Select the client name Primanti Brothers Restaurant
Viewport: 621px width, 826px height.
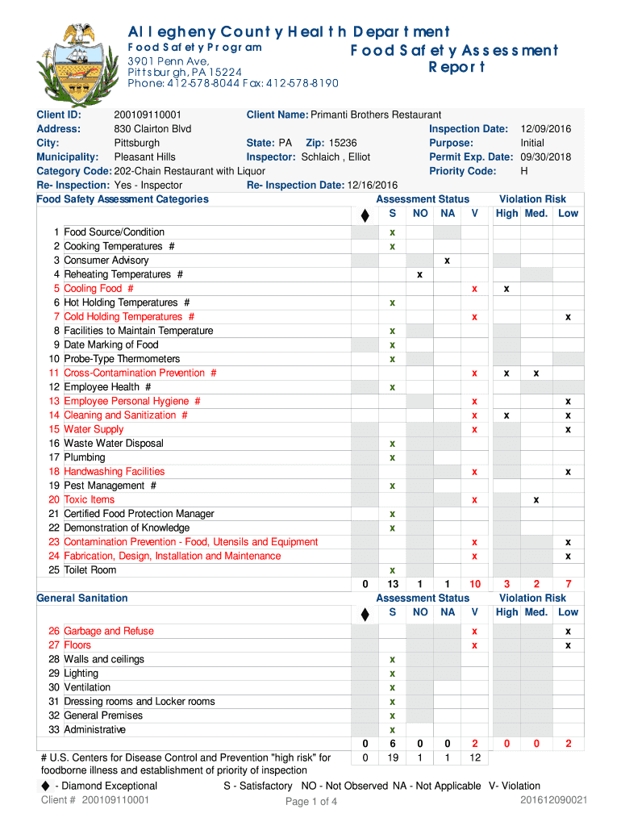[376, 115]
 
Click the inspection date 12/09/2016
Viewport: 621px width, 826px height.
[546, 129]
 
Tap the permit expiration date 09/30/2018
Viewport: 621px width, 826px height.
[546, 157]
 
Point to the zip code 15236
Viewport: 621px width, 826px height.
[343, 143]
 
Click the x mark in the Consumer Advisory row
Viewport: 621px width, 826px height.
[447, 261]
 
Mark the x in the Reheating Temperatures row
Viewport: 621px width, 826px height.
[419, 274]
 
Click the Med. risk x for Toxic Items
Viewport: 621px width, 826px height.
[536, 500]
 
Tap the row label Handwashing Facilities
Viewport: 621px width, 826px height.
[114, 472]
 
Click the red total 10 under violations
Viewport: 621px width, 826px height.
[474, 584]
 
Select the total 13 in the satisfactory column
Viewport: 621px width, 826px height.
[393, 584]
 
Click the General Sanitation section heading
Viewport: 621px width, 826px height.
[82, 599]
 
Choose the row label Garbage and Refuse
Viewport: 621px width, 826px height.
[108, 631]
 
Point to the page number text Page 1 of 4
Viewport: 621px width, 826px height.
[311, 802]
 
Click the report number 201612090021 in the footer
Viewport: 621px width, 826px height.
[554, 800]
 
